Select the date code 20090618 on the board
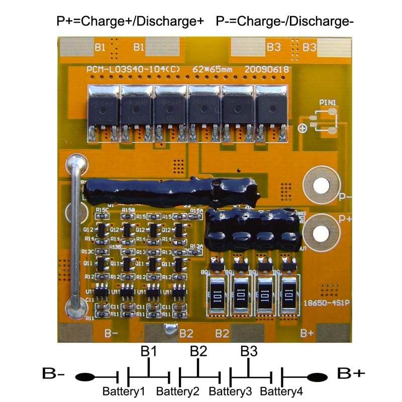click(267, 69)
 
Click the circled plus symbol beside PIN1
click(303, 128)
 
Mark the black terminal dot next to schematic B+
click(318, 376)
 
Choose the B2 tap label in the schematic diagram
click(198, 351)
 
